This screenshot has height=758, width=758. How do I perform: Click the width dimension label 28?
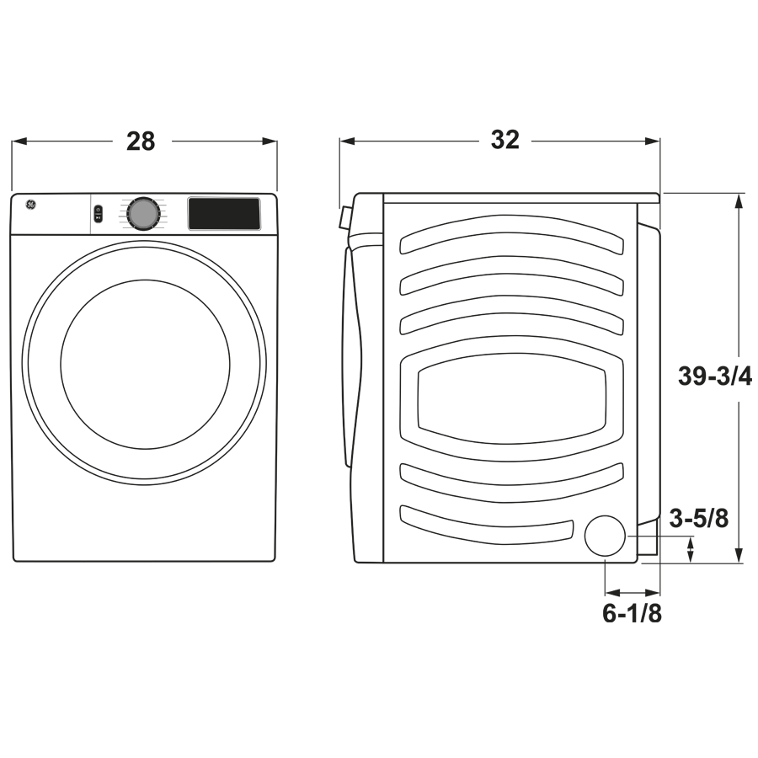point(141,141)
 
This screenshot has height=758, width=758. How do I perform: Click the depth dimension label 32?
point(505,140)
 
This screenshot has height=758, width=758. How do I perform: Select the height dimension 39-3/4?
point(714,376)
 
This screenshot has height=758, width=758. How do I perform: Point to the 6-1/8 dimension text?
point(632,614)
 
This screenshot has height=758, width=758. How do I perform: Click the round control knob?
point(143,214)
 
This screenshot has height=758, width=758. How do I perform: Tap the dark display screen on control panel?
point(223,214)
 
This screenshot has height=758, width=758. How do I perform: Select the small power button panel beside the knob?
point(99,214)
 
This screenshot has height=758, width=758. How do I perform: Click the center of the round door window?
point(145,364)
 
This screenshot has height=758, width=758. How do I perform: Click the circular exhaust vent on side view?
point(606,536)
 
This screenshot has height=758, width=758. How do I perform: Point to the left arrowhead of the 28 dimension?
point(16,141)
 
